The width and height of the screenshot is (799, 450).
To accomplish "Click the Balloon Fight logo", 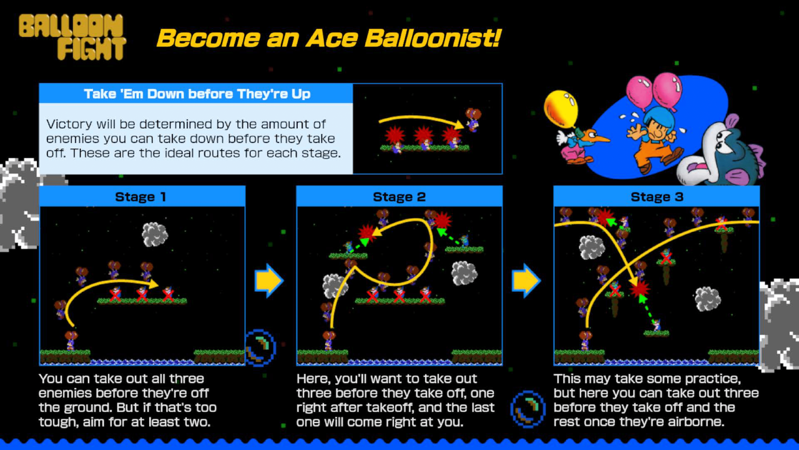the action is tap(72, 37).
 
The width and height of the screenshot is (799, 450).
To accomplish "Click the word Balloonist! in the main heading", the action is tap(433, 38).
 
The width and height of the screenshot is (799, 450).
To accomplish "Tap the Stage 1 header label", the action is tap(140, 197).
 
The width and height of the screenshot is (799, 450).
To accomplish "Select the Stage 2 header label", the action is tap(399, 197).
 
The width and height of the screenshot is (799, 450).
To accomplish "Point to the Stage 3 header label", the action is tap(657, 197).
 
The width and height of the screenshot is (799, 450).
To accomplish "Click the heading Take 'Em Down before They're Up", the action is tap(197, 94).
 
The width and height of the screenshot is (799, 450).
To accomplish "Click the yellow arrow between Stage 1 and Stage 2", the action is tap(269, 281).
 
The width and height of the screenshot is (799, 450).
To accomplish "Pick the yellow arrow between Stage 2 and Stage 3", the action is tap(526, 281).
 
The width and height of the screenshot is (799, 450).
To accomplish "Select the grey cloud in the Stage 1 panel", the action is tap(155, 234).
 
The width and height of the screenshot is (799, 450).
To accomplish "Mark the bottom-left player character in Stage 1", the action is tap(71, 341).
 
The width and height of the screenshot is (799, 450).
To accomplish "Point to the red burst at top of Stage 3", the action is tap(605, 217).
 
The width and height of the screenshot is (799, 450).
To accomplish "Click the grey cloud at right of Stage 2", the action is tap(464, 273).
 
